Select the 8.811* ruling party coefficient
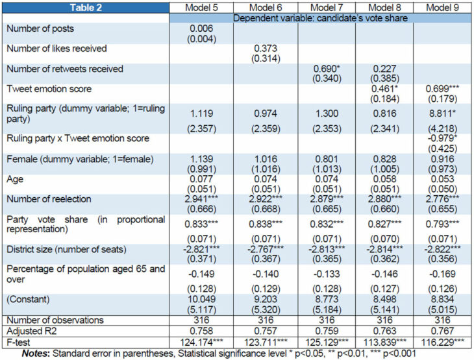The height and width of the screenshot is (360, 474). (437, 112)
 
